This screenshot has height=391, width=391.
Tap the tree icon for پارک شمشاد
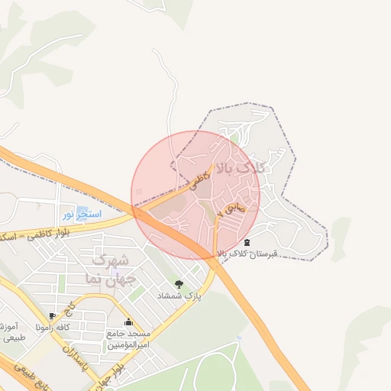[x=179, y=284]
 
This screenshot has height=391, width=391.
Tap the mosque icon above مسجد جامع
[x=128, y=322]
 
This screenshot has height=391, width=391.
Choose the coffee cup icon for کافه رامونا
[x=51, y=315]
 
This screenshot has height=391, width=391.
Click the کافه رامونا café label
[x=73, y=326]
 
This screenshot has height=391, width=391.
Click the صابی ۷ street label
[x=230, y=207]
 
